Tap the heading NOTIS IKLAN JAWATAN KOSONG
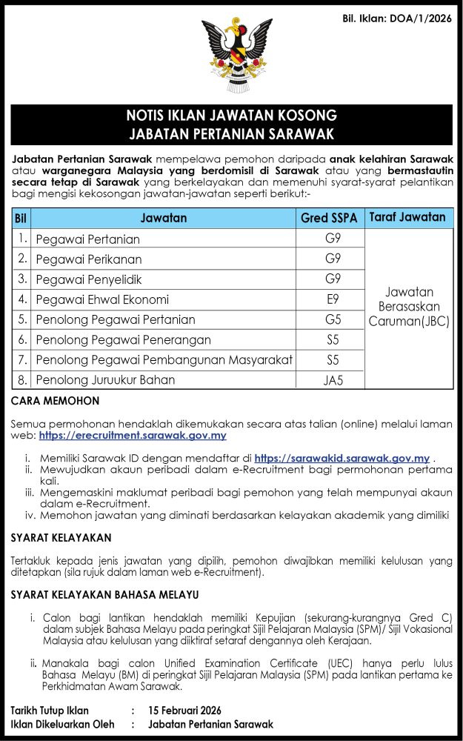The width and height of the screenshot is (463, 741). pos(231,116)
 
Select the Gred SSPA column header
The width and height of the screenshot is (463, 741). pos(329,218)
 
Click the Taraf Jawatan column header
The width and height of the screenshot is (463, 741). pos(409,217)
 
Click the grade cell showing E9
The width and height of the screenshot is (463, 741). pos(333,299)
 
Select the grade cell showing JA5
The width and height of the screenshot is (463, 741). pos(333,381)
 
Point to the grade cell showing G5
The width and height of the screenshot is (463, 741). pos(333,319)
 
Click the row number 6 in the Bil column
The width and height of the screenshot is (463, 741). pos(22,339)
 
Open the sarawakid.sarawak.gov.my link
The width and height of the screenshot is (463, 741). pos(342,459)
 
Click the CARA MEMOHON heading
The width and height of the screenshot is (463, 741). pos(56,401)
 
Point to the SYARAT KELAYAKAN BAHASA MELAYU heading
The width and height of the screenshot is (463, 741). pos(105,594)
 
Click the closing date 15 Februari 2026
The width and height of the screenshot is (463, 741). pos(184,711)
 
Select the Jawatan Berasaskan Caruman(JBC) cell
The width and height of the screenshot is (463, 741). pos(409,307)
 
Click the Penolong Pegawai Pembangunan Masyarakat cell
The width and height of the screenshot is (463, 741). pos(164,360)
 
